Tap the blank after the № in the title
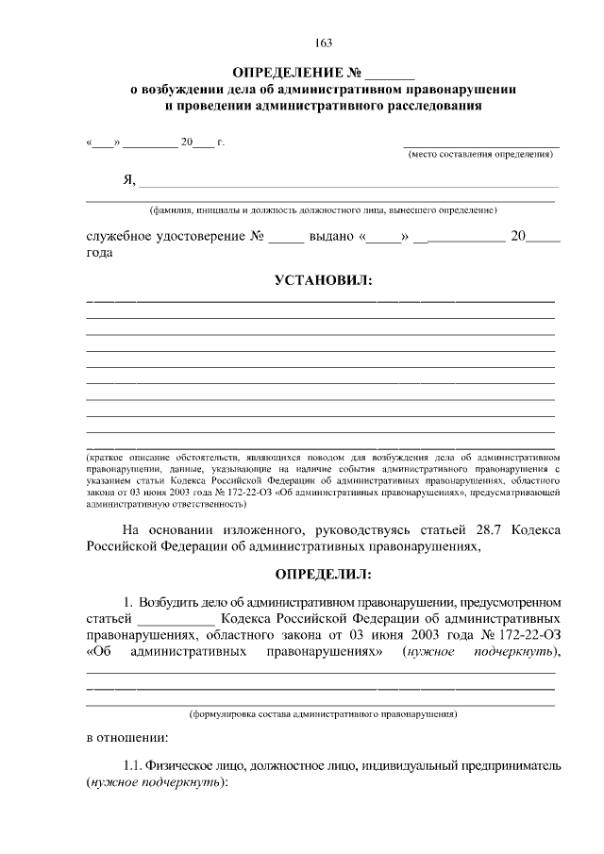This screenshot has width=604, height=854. [390, 74]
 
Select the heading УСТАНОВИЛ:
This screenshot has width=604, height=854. [323, 280]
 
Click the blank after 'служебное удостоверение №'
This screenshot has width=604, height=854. [286, 238]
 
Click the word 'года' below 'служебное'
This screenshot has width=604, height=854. [101, 254]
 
